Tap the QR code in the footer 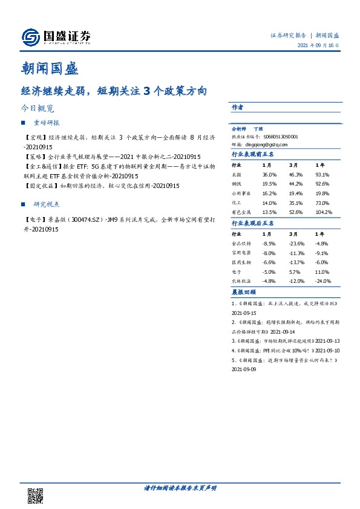[35, 494]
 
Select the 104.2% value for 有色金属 [323, 212]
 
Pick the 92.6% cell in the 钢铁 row [322, 183]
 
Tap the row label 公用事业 [241, 193]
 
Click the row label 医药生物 [241, 262]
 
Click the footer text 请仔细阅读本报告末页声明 [180, 487]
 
